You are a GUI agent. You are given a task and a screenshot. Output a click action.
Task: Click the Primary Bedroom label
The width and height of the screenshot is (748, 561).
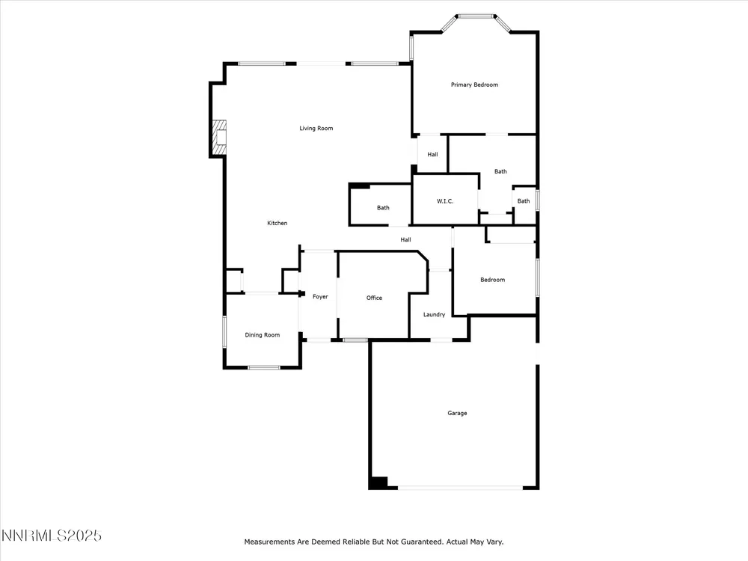[x=474, y=85]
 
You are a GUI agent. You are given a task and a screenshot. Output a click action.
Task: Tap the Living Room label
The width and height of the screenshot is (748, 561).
[x=316, y=128]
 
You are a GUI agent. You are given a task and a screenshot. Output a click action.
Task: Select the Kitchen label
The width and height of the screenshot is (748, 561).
[x=278, y=223]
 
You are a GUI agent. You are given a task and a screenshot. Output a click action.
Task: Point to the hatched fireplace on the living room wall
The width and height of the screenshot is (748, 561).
[x=219, y=138]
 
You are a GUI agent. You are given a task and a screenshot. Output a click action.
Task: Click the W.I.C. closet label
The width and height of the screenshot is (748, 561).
[x=445, y=200]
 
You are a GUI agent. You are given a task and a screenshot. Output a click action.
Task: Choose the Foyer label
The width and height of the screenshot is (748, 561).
[x=320, y=296]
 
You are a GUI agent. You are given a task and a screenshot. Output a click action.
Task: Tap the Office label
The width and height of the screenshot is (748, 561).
[x=374, y=298]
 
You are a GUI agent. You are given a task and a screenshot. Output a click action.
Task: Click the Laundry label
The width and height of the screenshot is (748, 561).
[x=434, y=314]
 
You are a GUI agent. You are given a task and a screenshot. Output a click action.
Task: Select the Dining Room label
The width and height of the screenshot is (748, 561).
[x=262, y=335]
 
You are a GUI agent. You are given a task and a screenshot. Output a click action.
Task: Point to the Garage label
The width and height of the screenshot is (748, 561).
[x=457, y=413]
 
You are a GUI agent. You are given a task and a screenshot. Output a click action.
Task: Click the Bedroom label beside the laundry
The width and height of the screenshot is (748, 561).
[x=492, y=280]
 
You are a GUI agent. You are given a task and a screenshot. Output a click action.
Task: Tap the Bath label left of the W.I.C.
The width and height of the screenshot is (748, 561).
[x=383, y=207]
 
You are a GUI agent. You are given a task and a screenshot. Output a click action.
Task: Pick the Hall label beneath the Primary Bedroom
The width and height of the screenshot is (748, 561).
[x=432, y=154]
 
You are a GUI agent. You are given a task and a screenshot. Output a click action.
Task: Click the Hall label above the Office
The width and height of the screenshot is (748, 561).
[x=405, y=239]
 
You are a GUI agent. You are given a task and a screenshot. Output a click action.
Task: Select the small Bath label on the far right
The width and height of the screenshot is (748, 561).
[x=524, y=200]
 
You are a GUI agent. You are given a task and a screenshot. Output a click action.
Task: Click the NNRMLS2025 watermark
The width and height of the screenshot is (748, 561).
[x=52, y=536]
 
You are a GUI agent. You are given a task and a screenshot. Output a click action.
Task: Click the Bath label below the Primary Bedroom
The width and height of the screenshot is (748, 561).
[x=500, y=171]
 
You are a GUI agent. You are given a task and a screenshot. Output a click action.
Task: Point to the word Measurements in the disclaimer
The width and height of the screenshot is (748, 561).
[x=269, y=542]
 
